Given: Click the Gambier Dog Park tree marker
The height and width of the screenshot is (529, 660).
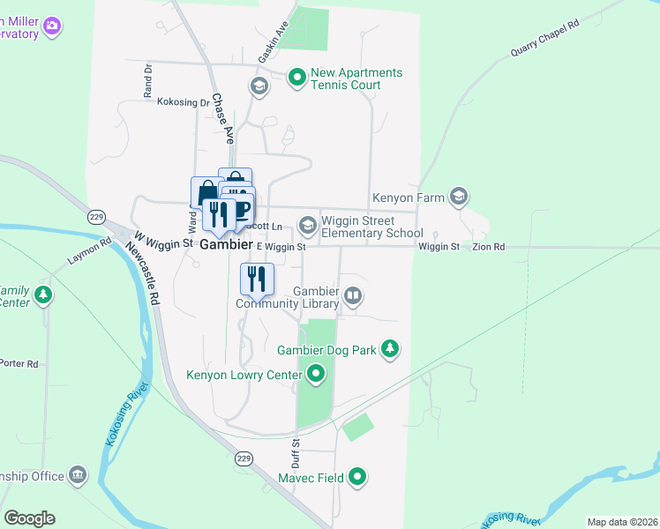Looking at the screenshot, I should [390, 350].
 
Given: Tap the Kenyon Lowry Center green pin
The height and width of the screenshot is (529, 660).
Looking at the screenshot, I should [316, 376].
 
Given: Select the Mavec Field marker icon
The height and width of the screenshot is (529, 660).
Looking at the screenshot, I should [356, 478].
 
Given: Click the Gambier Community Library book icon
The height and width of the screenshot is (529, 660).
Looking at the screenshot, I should [353, 295].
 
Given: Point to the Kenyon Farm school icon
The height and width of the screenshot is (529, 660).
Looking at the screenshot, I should [458, 196].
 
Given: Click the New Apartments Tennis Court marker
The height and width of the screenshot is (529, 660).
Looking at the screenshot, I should [297, 78].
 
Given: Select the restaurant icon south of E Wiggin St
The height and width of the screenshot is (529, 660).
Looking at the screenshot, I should [257, 279].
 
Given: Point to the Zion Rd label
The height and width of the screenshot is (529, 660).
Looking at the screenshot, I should [488, 248].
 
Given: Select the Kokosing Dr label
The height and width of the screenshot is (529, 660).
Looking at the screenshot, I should [184, 102].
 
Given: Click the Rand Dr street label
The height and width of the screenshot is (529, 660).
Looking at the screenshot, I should [148, 79].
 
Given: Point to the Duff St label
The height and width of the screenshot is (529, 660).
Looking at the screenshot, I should [296, 454].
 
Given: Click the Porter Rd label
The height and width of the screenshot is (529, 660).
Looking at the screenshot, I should [19, 363].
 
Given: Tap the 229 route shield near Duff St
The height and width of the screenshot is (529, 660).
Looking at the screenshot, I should [245, 458].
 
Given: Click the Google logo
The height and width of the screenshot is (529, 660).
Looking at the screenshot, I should [29, 518].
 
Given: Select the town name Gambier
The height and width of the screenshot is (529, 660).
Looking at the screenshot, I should [226, 245].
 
